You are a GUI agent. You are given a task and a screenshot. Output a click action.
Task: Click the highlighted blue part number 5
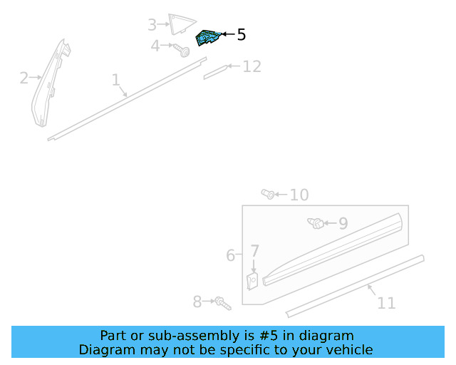pos(207,38)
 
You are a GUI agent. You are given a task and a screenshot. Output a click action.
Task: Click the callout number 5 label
pos(241,34)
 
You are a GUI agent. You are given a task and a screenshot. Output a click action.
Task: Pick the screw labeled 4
pos(182,50)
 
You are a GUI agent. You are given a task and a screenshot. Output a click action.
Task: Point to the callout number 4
pos(155,46)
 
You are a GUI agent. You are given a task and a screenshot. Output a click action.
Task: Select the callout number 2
pos(24,78)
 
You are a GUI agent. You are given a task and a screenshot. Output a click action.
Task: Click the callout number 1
pos(115,80)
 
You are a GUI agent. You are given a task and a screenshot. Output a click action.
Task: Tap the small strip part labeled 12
pos(214,71)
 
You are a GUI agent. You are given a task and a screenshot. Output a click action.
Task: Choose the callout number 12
pos(252,67)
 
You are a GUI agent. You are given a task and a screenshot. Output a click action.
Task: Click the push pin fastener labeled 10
pos(269,193)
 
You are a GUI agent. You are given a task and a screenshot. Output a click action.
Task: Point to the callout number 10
pos(299,195)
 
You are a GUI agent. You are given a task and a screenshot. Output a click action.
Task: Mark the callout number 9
pos(343,223)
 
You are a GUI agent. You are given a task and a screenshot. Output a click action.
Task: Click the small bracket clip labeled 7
pos(252,281)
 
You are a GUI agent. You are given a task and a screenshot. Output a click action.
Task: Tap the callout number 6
pos(230,255)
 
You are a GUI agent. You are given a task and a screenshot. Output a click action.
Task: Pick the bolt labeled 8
pos(222,303)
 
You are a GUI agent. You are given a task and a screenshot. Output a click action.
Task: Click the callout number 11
pos(386,303)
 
